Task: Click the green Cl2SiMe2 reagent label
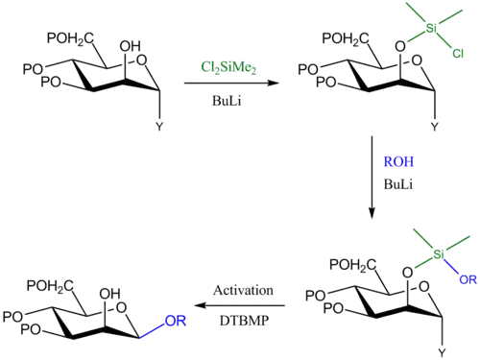228,68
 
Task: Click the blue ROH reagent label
398,161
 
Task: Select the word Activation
243,290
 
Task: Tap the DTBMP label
244,321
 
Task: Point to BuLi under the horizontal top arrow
227,101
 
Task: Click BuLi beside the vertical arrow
398,184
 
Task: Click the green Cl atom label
458,53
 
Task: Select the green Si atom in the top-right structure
431,29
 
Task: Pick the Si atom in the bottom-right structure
439,254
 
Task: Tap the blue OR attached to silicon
468,279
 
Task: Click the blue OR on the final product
176,321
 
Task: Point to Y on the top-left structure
159,127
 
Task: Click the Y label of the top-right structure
434,127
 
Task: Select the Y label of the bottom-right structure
442,353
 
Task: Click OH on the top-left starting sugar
131,46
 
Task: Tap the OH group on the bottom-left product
109,294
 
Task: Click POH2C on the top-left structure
70,39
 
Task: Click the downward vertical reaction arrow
372,178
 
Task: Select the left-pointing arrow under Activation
239,305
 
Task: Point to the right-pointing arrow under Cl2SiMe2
231,84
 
